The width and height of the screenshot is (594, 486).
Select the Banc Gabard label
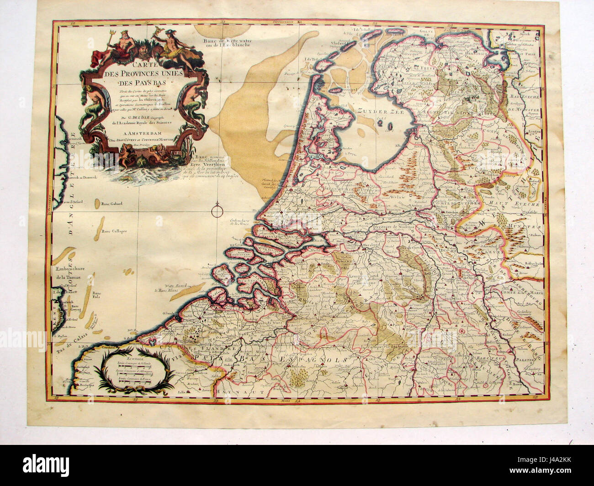coord(113,204)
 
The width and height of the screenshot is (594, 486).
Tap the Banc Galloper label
coord(114,231)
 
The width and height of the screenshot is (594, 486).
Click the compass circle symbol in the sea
coord(217,211)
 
